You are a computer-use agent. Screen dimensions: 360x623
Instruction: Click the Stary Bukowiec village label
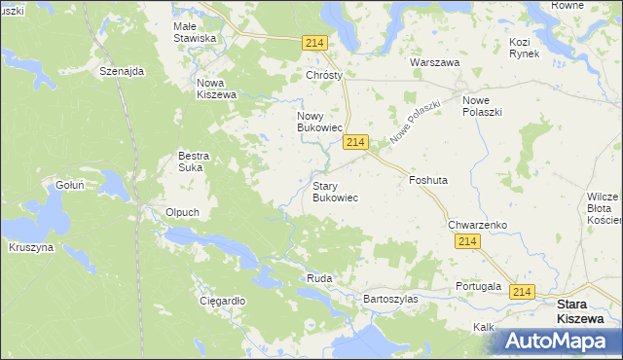[334, 191]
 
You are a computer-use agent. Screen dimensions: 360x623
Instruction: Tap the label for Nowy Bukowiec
[319, 121]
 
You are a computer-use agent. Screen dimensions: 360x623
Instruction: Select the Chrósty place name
[325, 75]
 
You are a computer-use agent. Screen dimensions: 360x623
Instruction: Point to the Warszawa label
[434, 62]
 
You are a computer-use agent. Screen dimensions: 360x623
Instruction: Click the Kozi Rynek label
[531, 48]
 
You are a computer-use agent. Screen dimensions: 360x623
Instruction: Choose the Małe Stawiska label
[194, 32]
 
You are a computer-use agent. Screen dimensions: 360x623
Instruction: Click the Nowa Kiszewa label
[216, 89]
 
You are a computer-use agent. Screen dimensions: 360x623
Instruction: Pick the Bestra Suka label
[195, 161]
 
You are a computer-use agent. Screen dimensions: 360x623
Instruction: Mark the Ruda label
[319, 278]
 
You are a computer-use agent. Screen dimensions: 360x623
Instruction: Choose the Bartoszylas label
[389, 299]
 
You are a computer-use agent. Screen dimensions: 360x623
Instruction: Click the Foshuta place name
[428, 180]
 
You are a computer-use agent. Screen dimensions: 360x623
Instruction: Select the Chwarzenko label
[478, 225]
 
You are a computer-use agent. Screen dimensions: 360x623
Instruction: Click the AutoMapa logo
[558, 341]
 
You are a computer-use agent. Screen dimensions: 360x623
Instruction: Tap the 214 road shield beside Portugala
[523, 292]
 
